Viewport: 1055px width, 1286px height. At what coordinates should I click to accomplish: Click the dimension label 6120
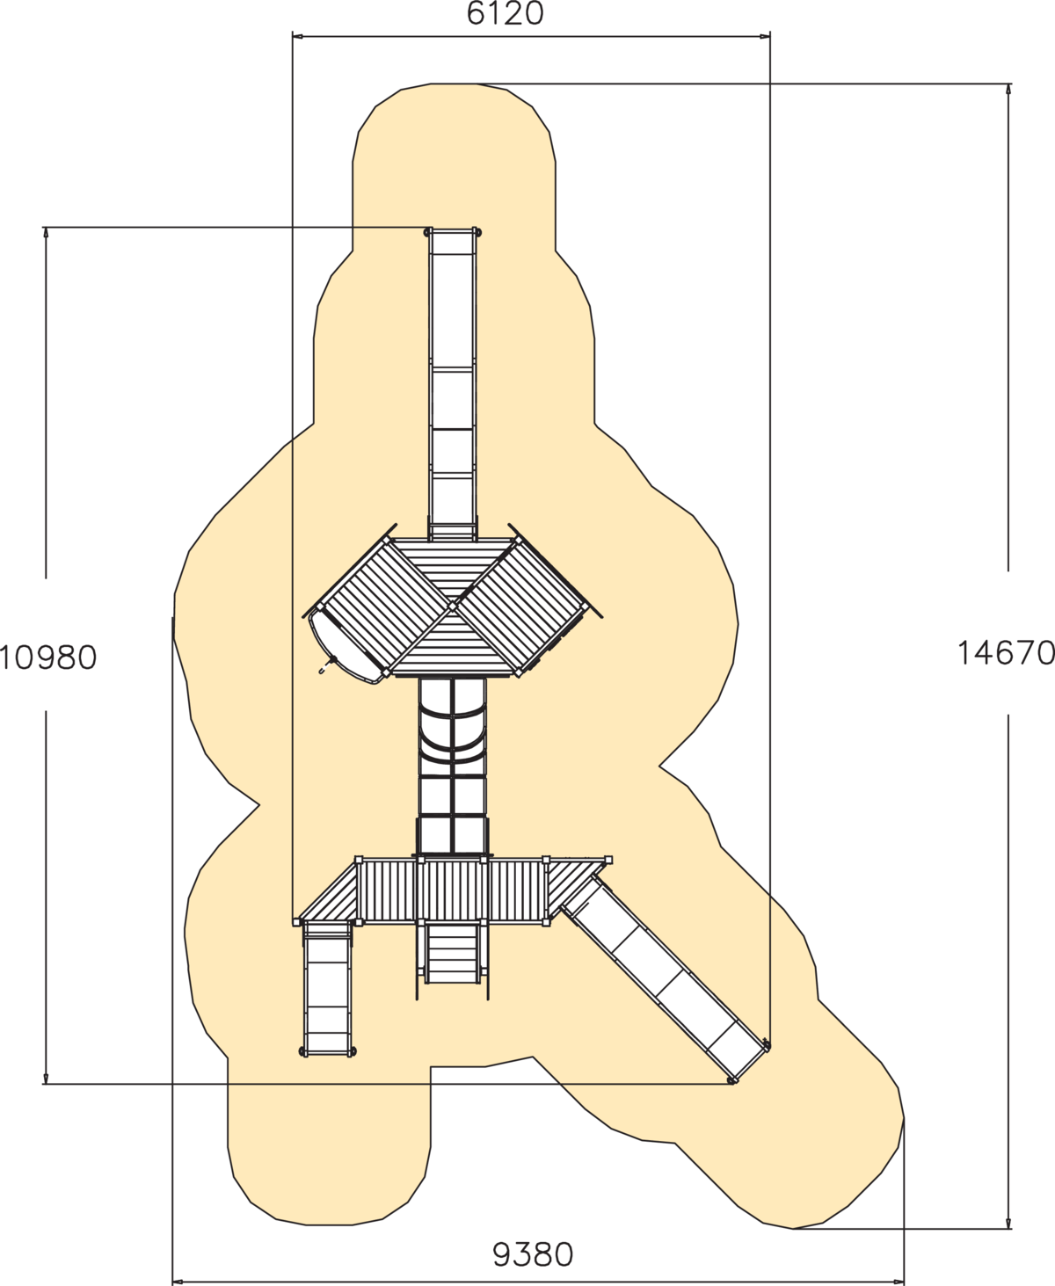(x=505, y=13)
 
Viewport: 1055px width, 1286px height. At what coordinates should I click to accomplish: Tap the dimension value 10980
(x=47, y=658)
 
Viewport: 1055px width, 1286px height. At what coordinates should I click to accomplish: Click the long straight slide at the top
(x=452, y=384)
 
